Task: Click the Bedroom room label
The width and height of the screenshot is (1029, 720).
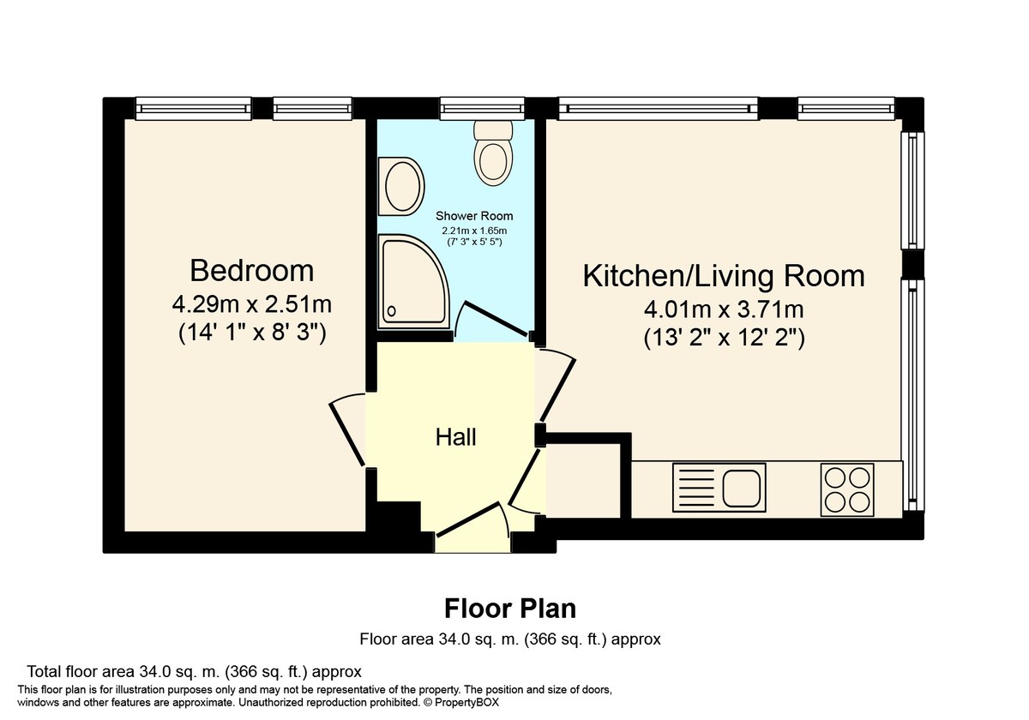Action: point(251,271)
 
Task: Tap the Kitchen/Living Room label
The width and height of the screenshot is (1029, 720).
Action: point(723,276)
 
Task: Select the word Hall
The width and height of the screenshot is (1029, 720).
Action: point(455,437)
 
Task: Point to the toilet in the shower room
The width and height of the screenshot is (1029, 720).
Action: point(492,152)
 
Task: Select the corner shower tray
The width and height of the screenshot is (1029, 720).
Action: point(415,283)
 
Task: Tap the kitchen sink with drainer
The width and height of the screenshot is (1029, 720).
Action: point(719,489)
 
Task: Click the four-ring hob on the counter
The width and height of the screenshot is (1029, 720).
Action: point(847,489)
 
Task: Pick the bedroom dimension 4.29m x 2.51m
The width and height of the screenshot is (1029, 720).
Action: point(251,303)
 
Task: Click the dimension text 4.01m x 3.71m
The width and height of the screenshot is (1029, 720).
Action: point(723,309)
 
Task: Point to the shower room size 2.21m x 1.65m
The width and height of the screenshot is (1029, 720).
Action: point(474,231)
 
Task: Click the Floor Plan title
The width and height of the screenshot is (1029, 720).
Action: point(509,609)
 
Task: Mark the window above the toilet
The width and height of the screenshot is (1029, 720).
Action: point(481,108)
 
